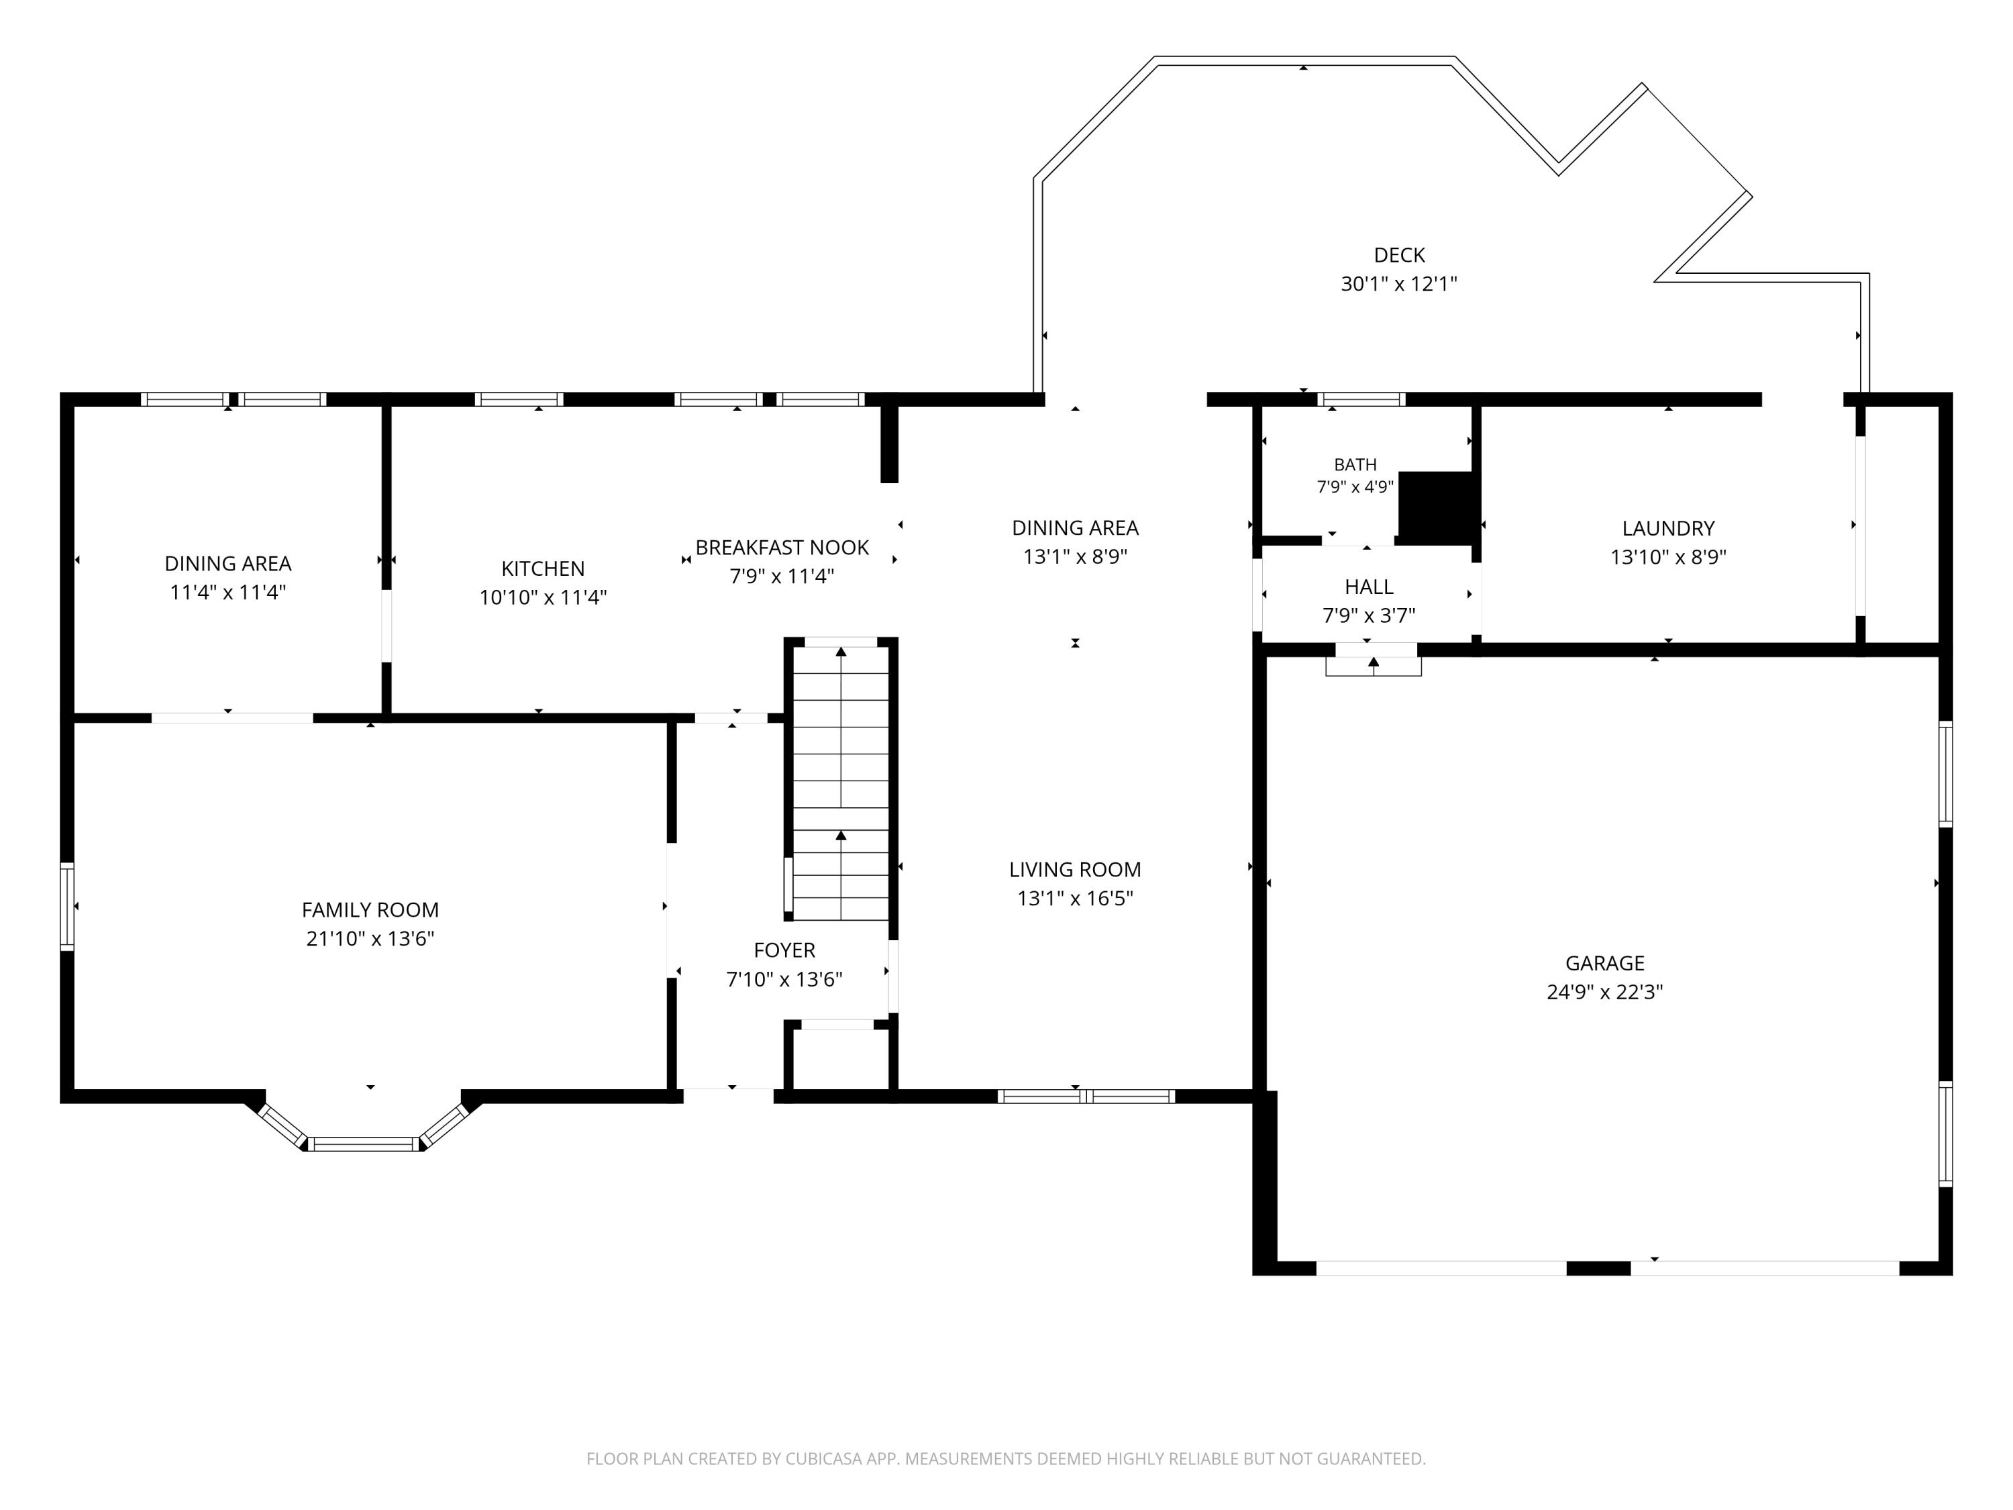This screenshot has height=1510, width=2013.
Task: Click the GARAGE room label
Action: click(1604, 963)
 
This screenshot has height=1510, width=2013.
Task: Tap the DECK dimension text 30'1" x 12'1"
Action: click(1399, 284)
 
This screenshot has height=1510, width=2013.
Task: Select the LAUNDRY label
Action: click(1668, 528)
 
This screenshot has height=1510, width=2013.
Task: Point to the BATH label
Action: click(1355, 465)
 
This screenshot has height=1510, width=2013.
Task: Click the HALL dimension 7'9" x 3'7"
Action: click(1369, 616)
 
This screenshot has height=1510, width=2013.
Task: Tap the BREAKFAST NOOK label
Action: click(782, 548)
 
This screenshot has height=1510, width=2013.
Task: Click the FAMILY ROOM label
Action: click(370, 910)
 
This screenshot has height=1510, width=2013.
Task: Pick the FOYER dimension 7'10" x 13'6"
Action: click(784, 979)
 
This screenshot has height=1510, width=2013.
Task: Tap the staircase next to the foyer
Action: click(841, 783)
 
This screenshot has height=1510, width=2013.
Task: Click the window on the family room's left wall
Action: click(66, 907)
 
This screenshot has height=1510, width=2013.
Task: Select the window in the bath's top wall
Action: click(1361, 399)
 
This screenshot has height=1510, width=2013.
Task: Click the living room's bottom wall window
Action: click(1086, 1097)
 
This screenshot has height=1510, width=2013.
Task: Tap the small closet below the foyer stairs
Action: click(837, 1057)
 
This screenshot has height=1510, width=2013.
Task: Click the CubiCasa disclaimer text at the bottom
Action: click(1006, 1459)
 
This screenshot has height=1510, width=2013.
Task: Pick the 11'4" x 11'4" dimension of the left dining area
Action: click(227, 593)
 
